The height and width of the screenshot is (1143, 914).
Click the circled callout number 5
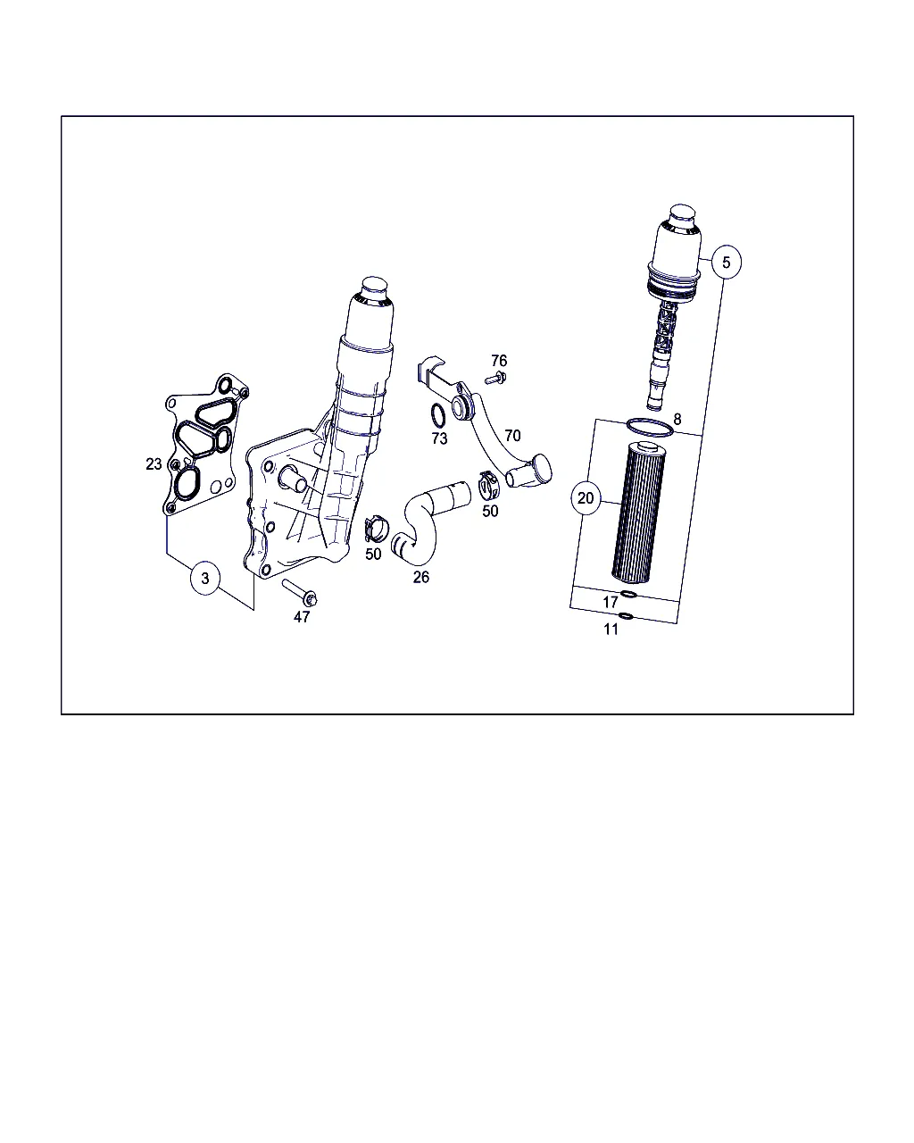click(x=726, y=263)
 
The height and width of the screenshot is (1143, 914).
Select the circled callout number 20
click(x=586, y=498)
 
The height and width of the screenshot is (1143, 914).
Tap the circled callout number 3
click(x=205, y=579)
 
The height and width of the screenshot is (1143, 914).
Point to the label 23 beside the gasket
click(x=154, y=464)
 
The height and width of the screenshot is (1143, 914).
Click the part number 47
click(x=302, y=617)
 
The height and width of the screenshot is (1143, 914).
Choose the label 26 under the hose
click(x=421, y=577)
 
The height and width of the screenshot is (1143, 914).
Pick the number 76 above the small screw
click(x=499, y=361)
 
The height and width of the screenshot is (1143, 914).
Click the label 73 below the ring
click(x=440, y=438)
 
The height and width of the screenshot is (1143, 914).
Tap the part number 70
click(x=512, y=436)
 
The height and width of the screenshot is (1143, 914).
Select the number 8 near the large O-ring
click(x=677, y=419)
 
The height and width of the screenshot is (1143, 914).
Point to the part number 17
click(x=611, y=602)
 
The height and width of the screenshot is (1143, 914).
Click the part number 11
click(x=611, y=630)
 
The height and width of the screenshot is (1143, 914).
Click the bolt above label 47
click(x=300, y=592)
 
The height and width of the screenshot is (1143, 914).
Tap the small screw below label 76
click(x=495, y=378)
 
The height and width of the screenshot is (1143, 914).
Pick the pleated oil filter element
click(x=636, y=512)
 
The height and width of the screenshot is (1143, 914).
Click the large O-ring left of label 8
click(x=651, y=428)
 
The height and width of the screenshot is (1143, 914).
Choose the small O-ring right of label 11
click(x=627, y=616)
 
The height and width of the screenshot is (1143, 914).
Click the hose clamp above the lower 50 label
click(x=376, y=529)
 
